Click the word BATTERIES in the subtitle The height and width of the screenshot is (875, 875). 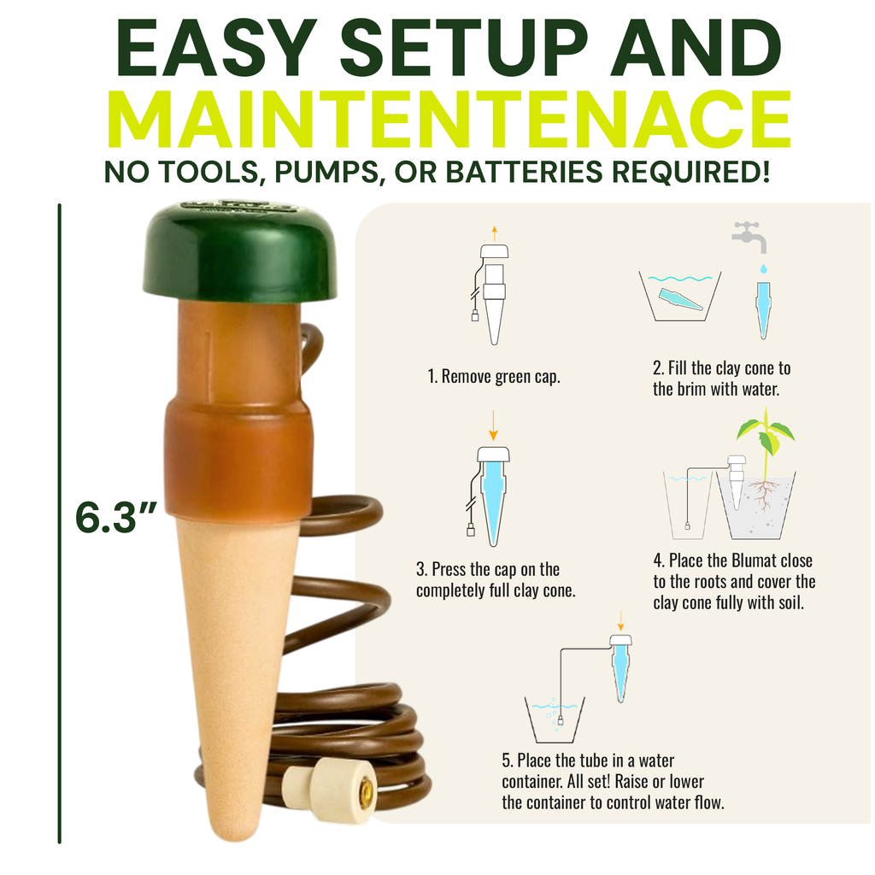pyautogui.click(x=524, y=171)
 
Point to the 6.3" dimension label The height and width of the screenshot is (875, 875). pyautogui.click(x=116, y=517)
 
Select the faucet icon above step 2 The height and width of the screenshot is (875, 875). pyautogui.click(x=749, y=237)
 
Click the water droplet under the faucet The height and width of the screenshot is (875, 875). pyautogui.click(x=763, y=269)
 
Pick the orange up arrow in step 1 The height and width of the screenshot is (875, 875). pyautogui.click(x=494, y=234)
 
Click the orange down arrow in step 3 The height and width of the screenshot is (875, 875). pyautogui.click(x=493, y=426)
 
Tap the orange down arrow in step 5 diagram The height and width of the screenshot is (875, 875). pyautogui.click(x=620, y=620)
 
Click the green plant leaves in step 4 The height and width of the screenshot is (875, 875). pyautogui.click(x=766, y=432)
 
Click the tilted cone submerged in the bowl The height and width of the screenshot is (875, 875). pyautogui.click(x=679, y=299)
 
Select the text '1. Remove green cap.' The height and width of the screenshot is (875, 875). pyautogui.click(x=494, y=377)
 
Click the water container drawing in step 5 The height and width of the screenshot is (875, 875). pyautogui.click(x=555, y=719)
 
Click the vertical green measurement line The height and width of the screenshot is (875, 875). pyautogui.click(x=59, y=524)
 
